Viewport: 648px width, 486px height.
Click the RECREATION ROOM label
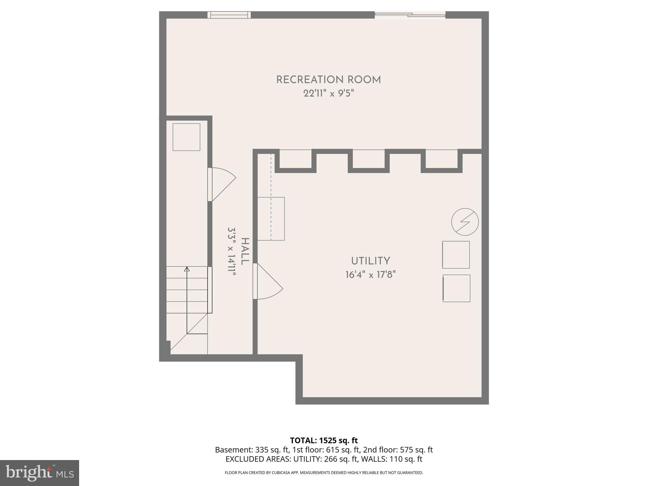pyautogui.click(x=328, y=80)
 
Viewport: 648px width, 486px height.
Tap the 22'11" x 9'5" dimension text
pyautogui.click(x=328, y=94)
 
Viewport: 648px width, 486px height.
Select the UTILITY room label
pyautogui.click(x=371, y=261)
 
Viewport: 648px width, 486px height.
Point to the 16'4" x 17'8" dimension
pyautogui.click(x=371, y=275)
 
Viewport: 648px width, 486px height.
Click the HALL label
pyautogui.click(x=245, y=252)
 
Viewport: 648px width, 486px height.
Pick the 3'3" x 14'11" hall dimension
pyautogui.click(x=232, y=252)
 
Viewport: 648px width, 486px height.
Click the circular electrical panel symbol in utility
pyautogui.click(x=465, y=222)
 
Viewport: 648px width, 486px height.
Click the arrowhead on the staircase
pyautogui.click(x=187, y=269)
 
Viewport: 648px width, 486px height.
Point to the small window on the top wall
pyautogui.click(x=229, y=15)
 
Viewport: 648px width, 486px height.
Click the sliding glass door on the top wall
pyautogui.click(x=410, y=15)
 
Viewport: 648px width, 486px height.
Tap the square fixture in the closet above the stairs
pyautogui.click(x=186, y=137)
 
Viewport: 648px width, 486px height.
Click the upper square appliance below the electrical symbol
pyautogui.click(x=456, y=255)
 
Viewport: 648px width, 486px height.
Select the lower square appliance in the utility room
pyautogui.click(x=456, y=288)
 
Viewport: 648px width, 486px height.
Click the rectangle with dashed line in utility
pyautogui.click(x=271, y=219)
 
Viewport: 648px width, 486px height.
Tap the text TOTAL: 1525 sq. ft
pyautogui.click(x=324, y=440)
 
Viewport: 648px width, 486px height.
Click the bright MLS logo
pyautogui.click(x=40, y=473)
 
